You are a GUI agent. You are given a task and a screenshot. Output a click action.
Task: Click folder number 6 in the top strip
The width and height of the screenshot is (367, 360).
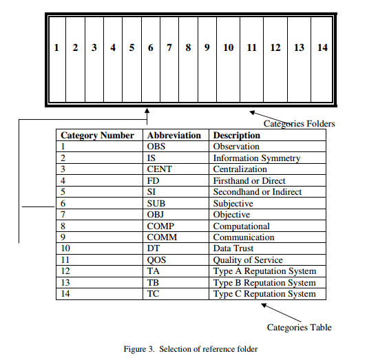click(x=150, y=48)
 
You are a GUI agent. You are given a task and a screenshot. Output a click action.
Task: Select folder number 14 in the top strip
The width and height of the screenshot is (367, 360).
click(x=322, y=48)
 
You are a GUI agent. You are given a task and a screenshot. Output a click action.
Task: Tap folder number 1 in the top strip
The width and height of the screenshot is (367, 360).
click(x=56, y=48)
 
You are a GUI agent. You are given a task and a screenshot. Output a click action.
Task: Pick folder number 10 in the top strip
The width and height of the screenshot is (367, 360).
click(x=228, y=48)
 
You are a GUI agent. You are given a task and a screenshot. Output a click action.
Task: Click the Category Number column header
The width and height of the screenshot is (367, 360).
click(x=97, y=136)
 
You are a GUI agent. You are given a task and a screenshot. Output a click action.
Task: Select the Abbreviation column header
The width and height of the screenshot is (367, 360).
click(x=174, y=136)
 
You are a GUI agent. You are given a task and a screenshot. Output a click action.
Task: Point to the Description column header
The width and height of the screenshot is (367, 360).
click(x=237, y=136)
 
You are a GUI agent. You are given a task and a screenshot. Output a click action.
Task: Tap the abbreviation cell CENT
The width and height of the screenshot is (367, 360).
click(x=159, y=169)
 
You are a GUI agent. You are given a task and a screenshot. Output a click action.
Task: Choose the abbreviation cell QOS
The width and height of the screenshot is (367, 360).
click(x=156, y=260)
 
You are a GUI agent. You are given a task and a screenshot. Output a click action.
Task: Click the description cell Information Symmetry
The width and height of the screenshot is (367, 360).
click(x=257, y=158)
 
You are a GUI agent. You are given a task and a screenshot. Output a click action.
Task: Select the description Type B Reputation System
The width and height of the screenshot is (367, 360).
click(x=264, y=283)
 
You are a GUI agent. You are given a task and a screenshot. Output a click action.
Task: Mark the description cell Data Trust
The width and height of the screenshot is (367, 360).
click(x=233, y=248)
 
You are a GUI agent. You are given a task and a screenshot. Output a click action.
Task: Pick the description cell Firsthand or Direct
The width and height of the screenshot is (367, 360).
click(x=249, y=181)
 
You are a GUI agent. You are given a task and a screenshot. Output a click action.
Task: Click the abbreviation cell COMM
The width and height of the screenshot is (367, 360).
click(x=162, y=237)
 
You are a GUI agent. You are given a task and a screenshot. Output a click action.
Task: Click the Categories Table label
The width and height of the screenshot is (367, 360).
click(x=299, y=328)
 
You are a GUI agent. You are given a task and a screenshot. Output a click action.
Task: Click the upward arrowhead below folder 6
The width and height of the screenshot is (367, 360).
click(x=147, y=111)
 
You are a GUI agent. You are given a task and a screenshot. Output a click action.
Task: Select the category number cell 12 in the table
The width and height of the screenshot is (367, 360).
click(x=67, y=271)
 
